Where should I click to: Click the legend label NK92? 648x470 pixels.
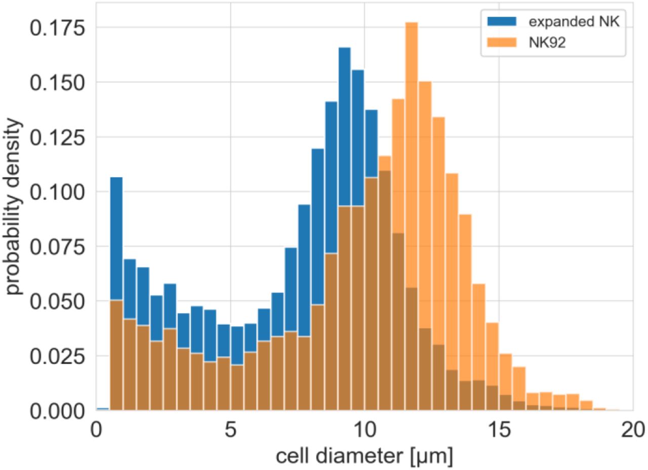(547, 42)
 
